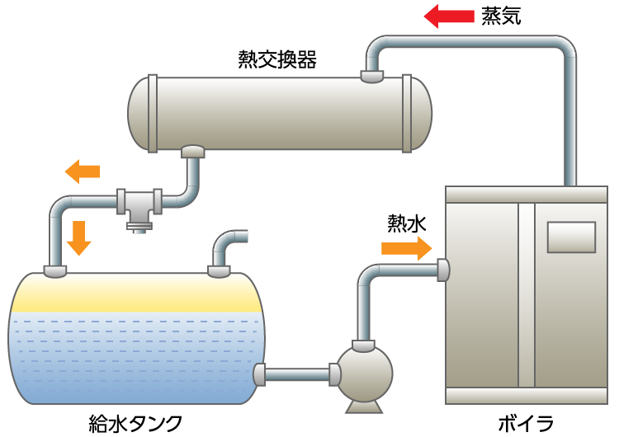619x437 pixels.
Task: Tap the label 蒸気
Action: (x=501, y=16)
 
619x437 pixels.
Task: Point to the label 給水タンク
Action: (x=135, y=423)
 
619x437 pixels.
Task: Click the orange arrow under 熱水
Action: (x=407, y=247)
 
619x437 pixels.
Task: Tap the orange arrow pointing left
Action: (x=83, y=172)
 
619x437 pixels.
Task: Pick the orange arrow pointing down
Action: (x=78, y=237)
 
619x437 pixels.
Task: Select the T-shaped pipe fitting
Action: (x=138, y=204)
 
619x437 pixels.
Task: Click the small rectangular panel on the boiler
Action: (x=570, y=237)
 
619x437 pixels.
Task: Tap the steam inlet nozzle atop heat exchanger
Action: (x=372, y=77)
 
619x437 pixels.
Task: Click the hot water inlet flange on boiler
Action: (x=443, y=270)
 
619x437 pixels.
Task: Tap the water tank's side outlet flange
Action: (x=259, y=375)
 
